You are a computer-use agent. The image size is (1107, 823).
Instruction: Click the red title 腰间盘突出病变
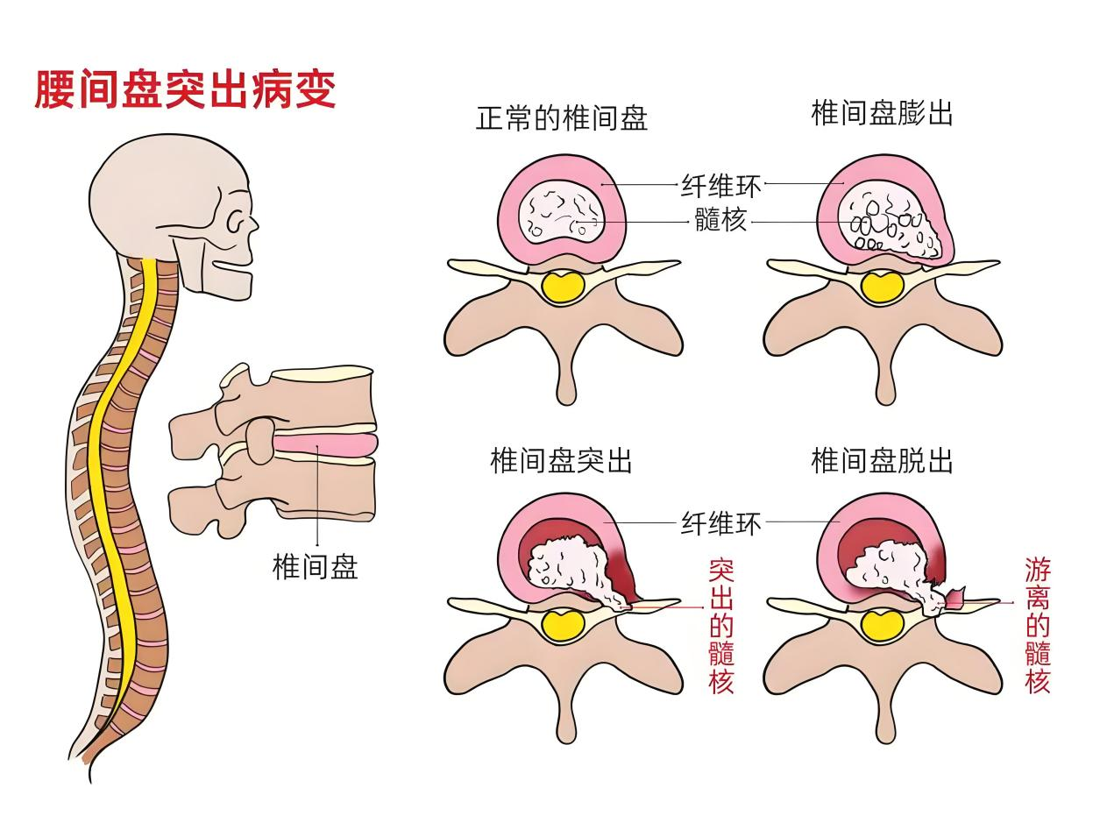(x=185, y=89)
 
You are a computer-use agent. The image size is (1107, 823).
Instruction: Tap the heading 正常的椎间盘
(x=562, y=118)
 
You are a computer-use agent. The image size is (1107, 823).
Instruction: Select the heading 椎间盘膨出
(x=882, y=113)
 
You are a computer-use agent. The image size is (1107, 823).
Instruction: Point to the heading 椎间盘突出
(x=561, y=461)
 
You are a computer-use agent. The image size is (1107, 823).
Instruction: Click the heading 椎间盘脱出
(x=882, y=460)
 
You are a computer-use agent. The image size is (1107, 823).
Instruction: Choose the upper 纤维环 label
(x=720, y=186)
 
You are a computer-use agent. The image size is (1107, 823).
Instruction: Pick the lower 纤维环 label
(x=720, y=523)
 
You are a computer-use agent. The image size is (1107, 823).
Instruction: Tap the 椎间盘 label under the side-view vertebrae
(x=315, y=566)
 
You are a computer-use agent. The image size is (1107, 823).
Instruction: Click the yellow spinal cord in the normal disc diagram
(x=564, y=287)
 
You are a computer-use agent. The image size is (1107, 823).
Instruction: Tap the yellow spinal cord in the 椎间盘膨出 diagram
(x=883, y=287)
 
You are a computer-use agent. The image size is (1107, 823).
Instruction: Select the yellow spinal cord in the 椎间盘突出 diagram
(x=564, y=627)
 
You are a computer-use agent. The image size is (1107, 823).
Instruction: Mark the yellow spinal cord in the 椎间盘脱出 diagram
(x=883, y=627)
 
